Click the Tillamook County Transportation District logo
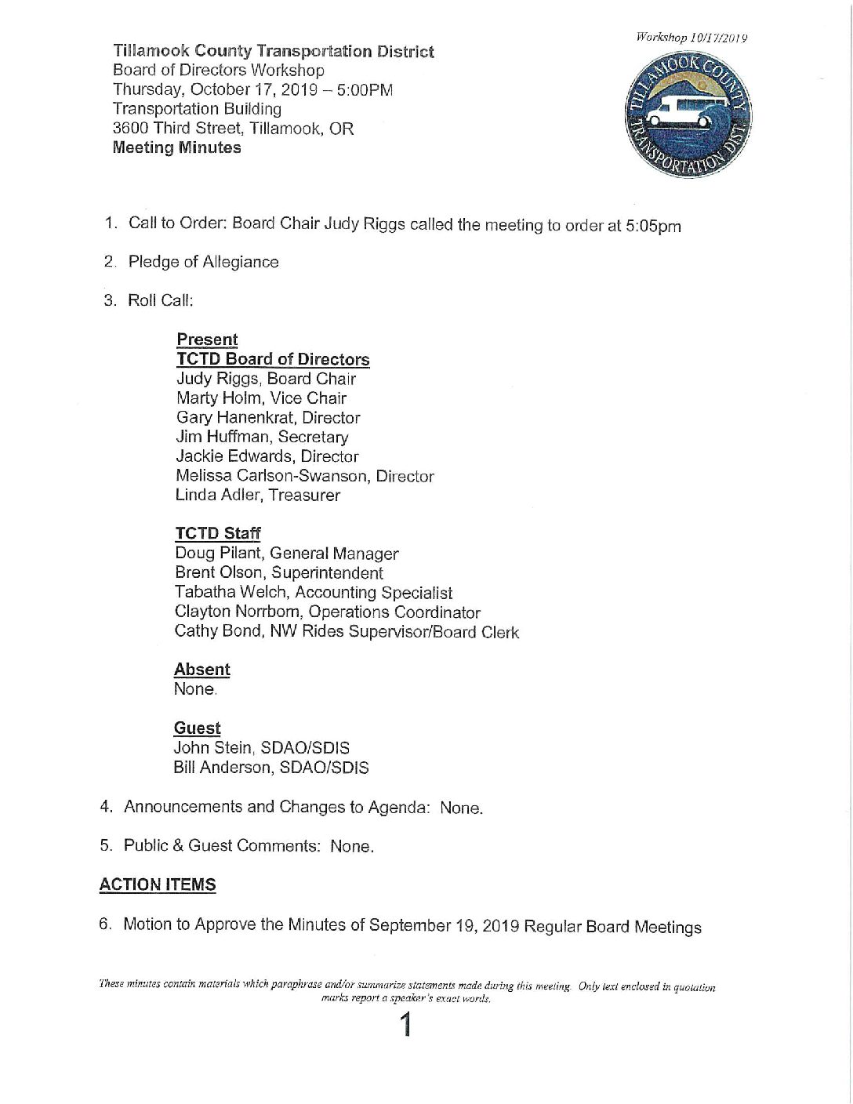click(688, 116)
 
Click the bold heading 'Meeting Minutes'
click(177, 147)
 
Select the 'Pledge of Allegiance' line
click(203, 262)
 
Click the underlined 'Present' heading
click(207, 340)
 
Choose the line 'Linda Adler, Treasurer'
click(258, 495)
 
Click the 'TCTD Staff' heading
click(218, 533)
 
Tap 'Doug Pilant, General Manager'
click(287, 554)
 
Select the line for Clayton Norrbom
click(327, 612)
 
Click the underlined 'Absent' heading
click(201, 670)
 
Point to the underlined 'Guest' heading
click(197, 728)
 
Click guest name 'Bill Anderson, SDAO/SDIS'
click(270, 767)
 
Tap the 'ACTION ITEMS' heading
click(158, 884)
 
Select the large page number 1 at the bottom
click(405, 1025)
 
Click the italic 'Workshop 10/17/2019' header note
click(691, 38)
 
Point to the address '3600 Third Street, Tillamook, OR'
click(233, 129)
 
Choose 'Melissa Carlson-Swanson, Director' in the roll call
click(304, 476)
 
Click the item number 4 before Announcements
click(106, 807)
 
